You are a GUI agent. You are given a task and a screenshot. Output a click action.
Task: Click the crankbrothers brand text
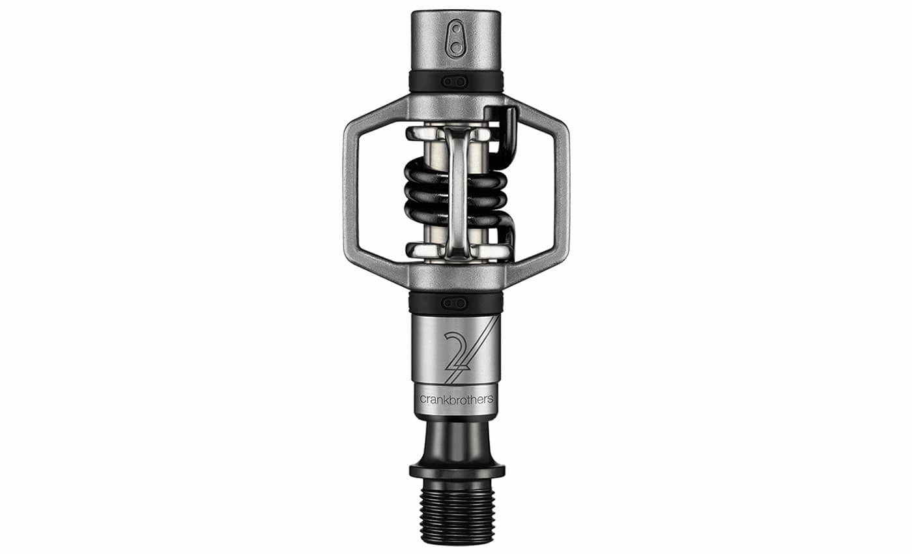click(456, 399)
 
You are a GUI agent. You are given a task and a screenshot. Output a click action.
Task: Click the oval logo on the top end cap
click(456, 39)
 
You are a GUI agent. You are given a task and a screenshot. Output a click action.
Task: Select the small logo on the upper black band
click(455, 82)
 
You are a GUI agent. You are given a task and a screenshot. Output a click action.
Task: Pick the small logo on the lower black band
click(455, 304)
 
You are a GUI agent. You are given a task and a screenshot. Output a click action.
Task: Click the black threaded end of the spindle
click(457, 516)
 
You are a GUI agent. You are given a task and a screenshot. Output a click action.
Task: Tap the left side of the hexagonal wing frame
click(351, 192)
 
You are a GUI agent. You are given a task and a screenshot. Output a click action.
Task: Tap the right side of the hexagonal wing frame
click(561, 192)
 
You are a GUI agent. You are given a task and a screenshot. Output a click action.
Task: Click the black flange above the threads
click(457, 471)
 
